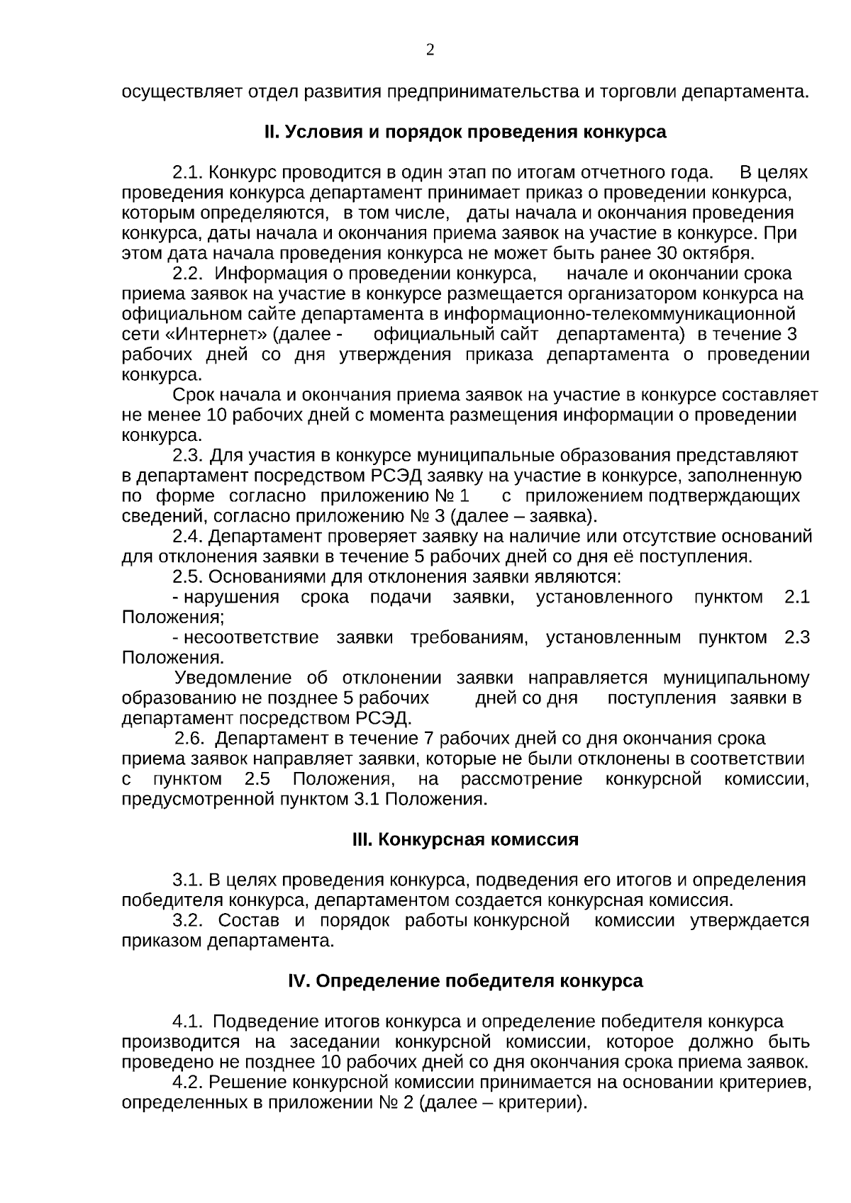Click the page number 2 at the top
point(429,50)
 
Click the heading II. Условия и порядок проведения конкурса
point(465,133)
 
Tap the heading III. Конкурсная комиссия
point(465,840)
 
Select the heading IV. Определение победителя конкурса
point(465,981)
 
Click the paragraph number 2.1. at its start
point(189,173)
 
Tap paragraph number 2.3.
point(189,455)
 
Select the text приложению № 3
point(369,516)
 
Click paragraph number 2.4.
point(189,537)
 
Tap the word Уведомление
point(233,678)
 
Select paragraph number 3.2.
point(189,921)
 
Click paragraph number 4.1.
point(189,1022)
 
